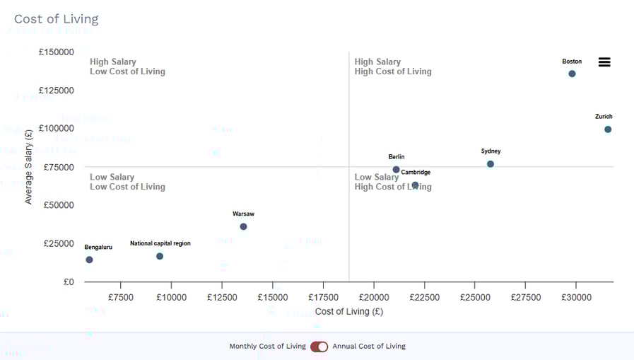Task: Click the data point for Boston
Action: pyautogui.click(x=572, y=74)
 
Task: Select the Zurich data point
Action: pyautogui.click(x=608, y=129)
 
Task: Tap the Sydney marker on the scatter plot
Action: pyautogui.click(x=491, y=164)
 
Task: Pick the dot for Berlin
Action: pyautogui.click(x=397, y=170)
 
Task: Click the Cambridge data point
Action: pyautogui.click(x=416, y=185)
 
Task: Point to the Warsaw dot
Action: pyautogui.click(x=243, y=227)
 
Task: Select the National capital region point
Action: pyautogui.click(x=160, y=256)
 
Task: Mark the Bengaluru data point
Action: pyautogui.click(x=89, y=260)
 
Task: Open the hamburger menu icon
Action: pyautogui.click(x=604, y=62)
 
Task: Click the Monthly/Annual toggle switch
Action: pyautogui.click(x=319, y=347)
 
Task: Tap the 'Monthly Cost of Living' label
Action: pyautogui.click(x=267, y=347)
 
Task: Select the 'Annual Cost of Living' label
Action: pyautogui.click(x=369, y=347)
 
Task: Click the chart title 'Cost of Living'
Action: pyautogui.click(x=57, y=19)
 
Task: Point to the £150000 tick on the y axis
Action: pyautogui.click(x=56, y=52)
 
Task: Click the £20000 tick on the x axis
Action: pyautogui.click(x=373, y=298)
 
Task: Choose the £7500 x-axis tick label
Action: pyautogui.click(x=121, y=298)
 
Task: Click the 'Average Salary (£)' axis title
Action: pyautogui.click(x=28, y=167)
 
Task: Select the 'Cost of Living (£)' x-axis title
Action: pyautogui.click(x=349, y=311)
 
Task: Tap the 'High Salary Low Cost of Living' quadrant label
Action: pyautogui.click(x=127, y=66)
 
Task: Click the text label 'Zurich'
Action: pyautogui.click(x=604, y=117)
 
